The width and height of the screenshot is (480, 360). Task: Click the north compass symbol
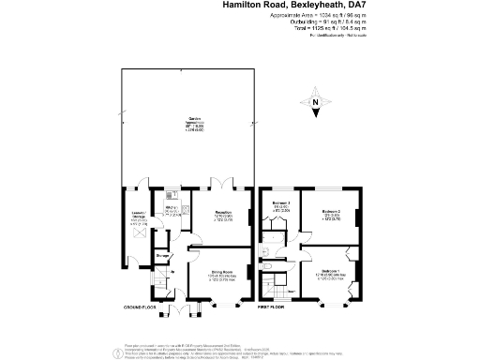(x=316, y=102)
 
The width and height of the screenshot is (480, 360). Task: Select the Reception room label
(x=222, y=215)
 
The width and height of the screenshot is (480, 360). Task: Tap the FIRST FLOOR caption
(x=276, y=307)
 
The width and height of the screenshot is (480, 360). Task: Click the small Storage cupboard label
(x=161, y=254)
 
